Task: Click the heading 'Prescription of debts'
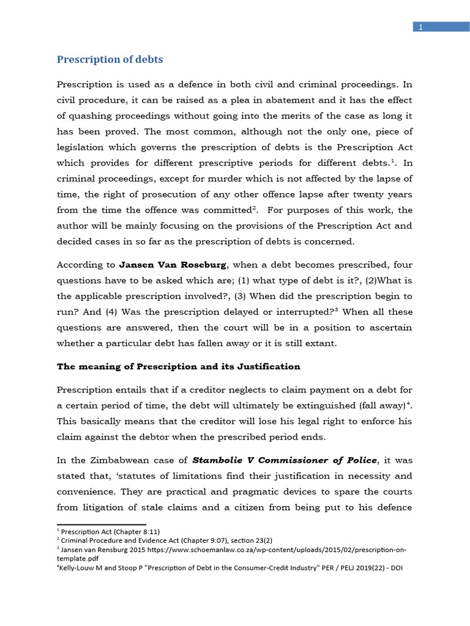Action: [x=110, y=60]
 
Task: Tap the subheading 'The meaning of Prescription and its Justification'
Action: [x=179, y=367]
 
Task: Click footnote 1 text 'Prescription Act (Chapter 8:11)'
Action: [x=110, y=532]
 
